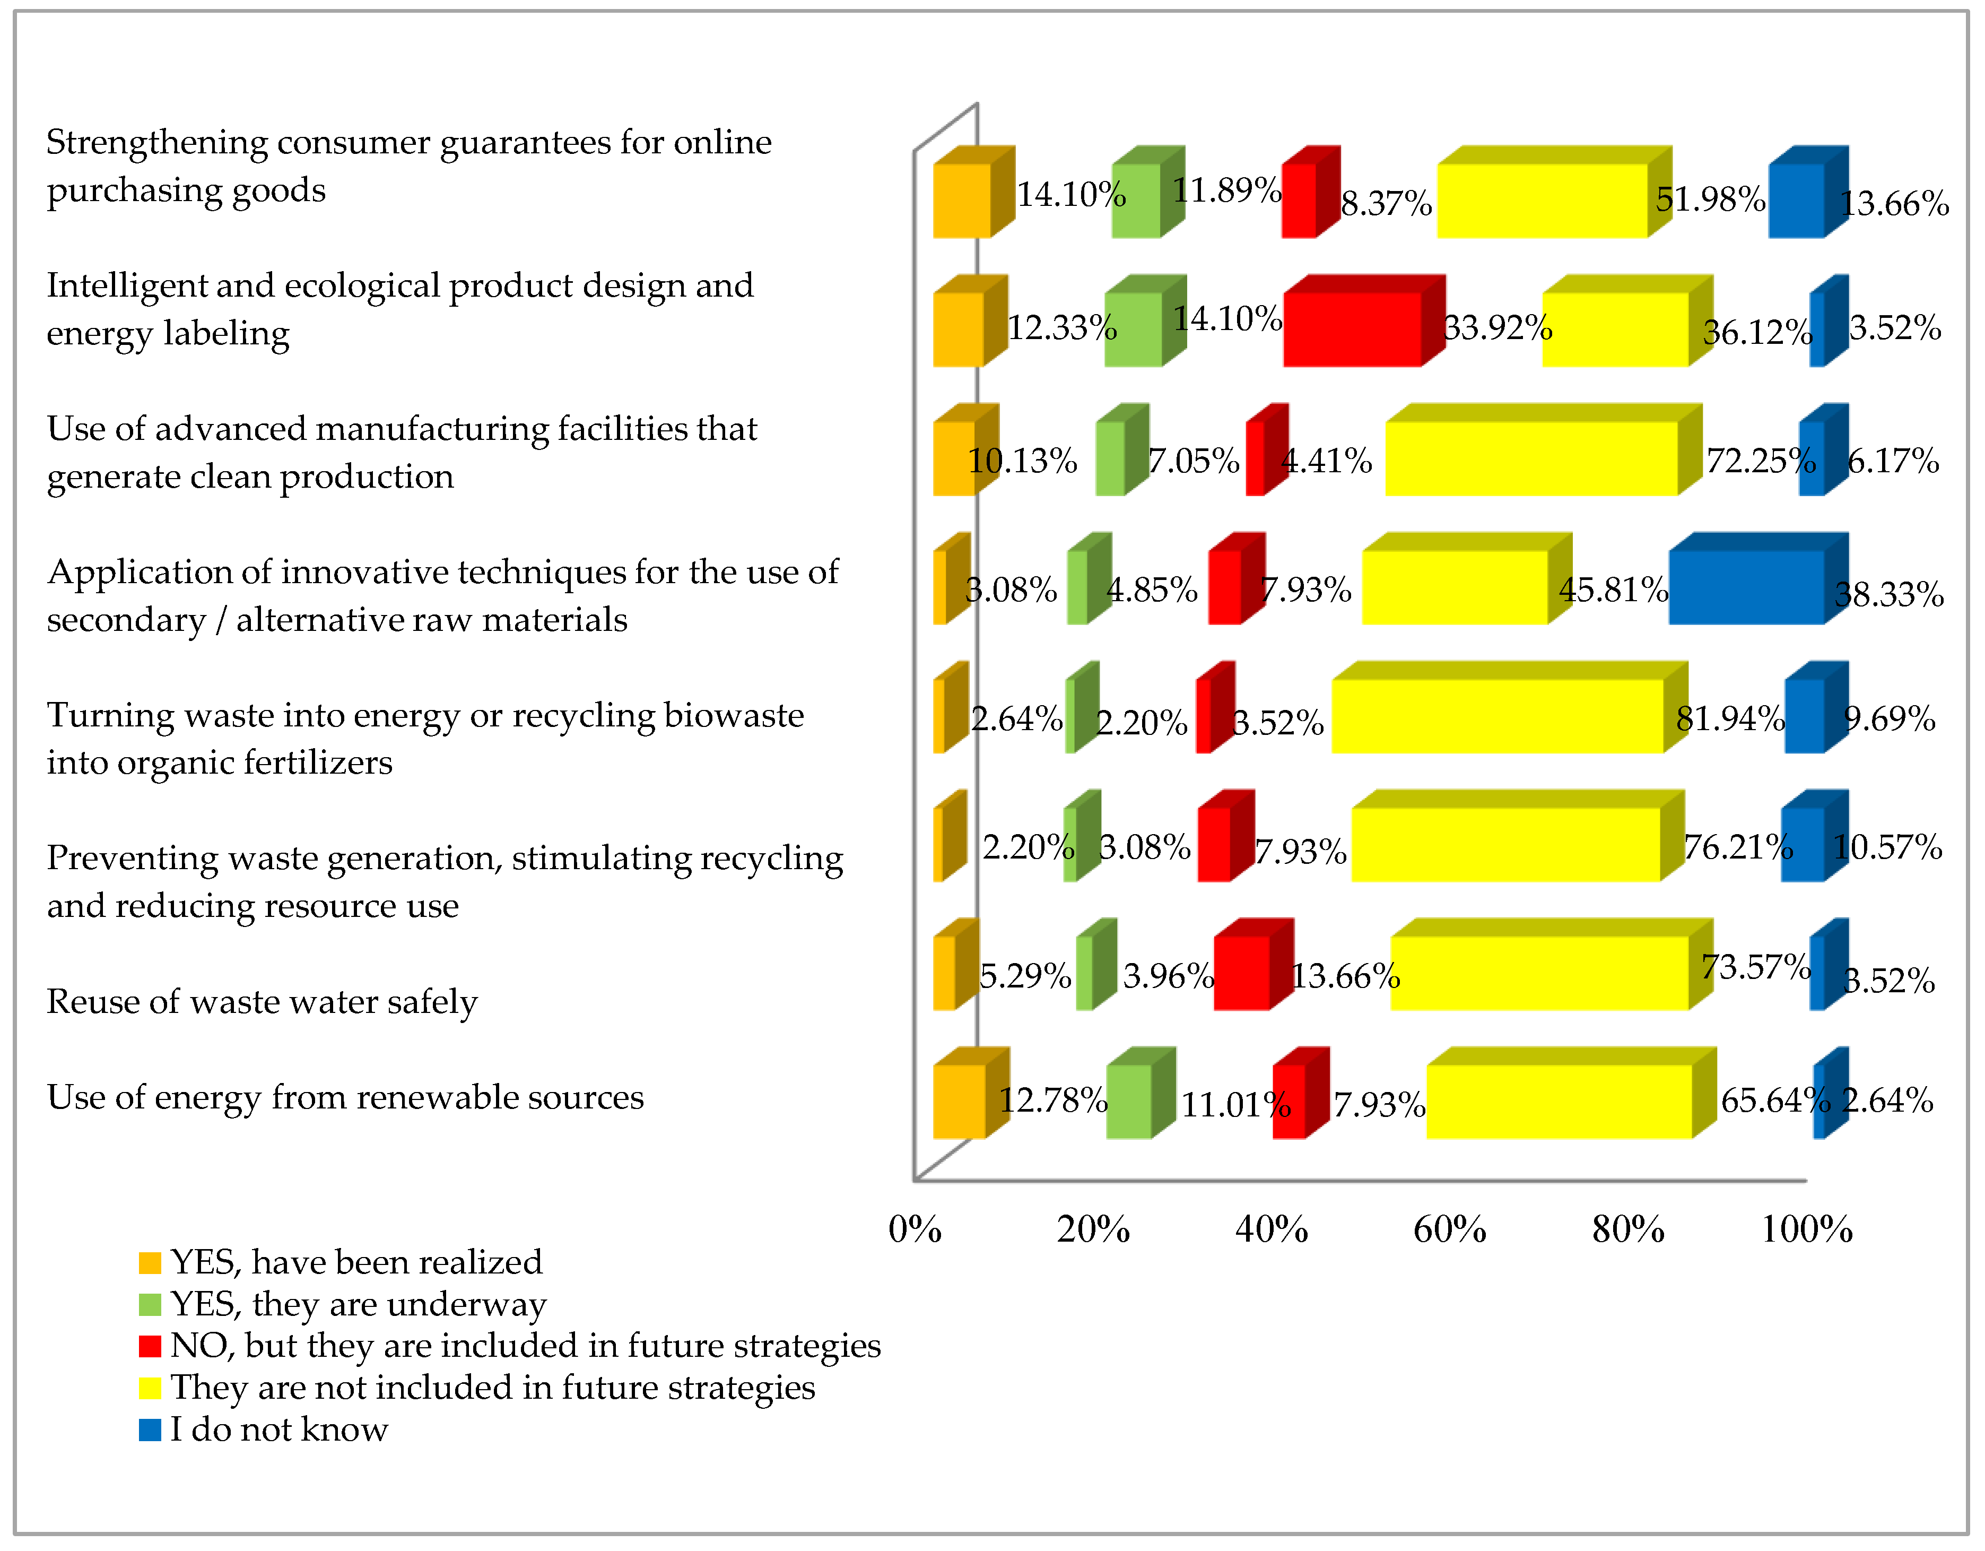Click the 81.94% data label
click(1730, 719)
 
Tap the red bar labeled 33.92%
click(1352, 329)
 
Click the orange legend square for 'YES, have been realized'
click(150, 1263)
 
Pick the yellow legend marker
click(150, 1388)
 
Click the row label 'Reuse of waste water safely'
click(262, 1002)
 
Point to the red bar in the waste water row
click(1241, 973)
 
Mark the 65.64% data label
click(1774, 1101)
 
